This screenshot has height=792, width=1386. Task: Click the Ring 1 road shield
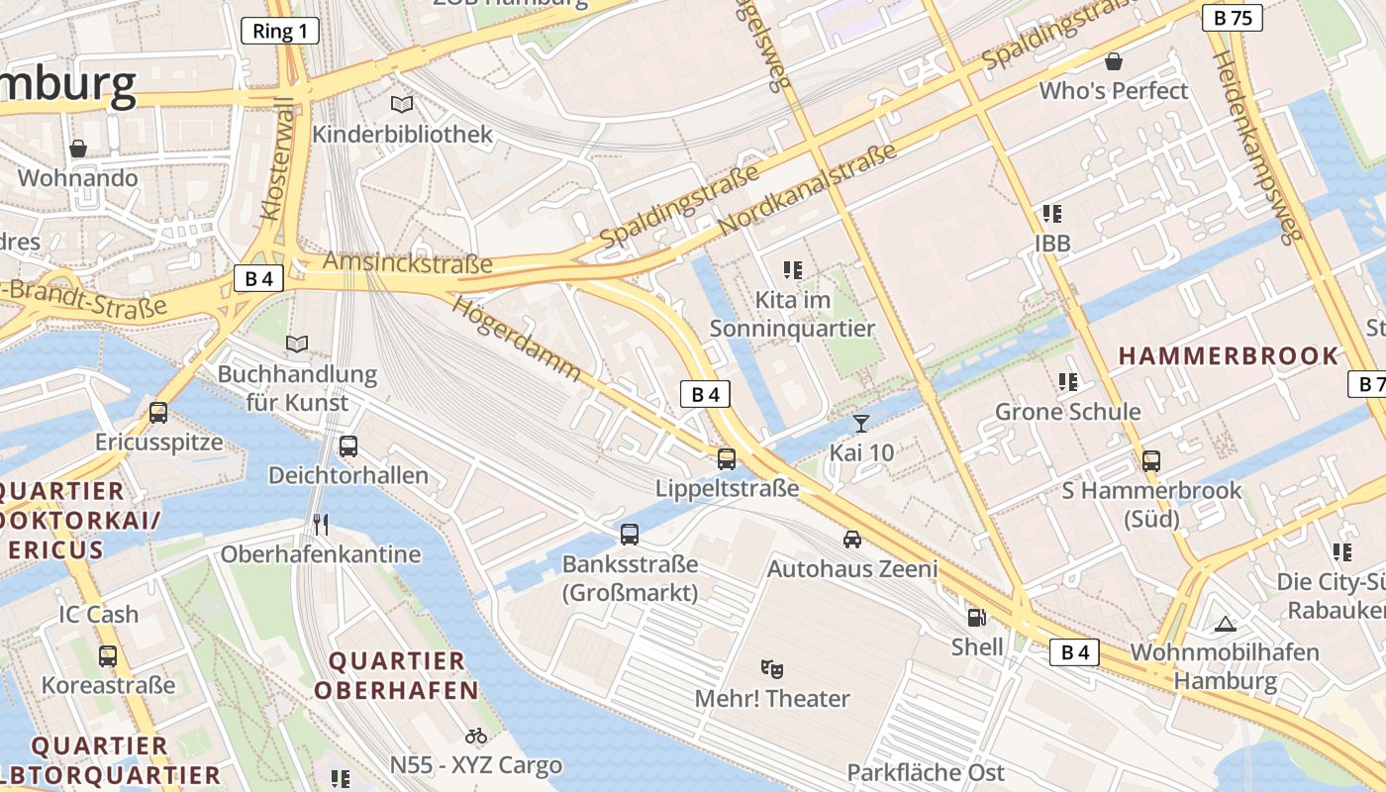tap(280, 31)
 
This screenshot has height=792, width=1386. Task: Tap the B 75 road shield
tap(1233, 17)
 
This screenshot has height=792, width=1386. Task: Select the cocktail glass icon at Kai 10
tap(861, 424)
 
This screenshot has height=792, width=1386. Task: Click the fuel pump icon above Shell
tap(976, 618)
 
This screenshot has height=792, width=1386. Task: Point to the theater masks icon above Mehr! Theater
tap(772, 669)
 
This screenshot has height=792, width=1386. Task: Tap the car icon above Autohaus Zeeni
tap(852, 540)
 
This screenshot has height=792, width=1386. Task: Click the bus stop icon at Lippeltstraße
tap(727, 458)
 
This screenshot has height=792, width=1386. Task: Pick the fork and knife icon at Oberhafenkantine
tap(320, 524)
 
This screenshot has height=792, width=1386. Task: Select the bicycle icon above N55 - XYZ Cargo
tap(476, 736)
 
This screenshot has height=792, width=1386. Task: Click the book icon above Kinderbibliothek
tap(402, 104)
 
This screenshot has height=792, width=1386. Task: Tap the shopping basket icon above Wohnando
tap(78, 148)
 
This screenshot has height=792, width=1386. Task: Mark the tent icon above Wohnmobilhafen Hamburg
tap(1226, 624)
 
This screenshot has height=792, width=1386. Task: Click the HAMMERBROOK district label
tap(1228, 355)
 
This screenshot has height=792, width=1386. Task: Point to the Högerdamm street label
tap(517, 338)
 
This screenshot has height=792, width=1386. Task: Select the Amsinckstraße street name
tap(408, 262)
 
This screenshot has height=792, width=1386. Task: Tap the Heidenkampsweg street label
tap(1254, 148)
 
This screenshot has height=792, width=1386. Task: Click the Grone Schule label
tap(1067, 412)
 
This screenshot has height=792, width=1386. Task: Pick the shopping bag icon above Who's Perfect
tap(1114, 61)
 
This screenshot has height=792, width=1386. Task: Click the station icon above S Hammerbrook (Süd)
tap(1150, 460)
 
